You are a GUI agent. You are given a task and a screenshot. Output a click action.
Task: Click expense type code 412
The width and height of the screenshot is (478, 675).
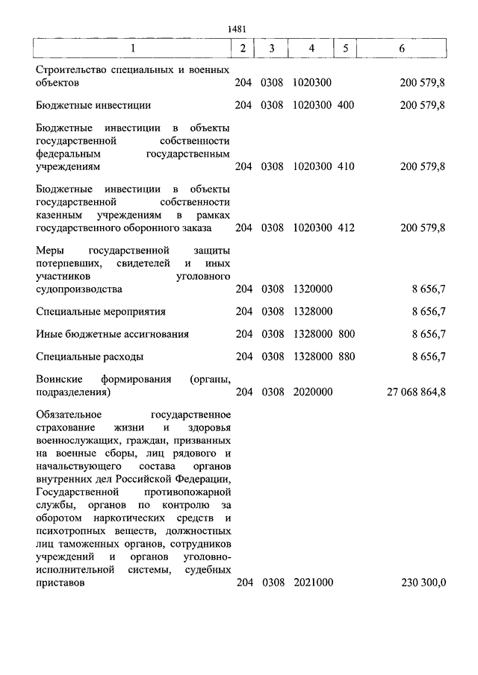pyautogui.click(x=346, y=227)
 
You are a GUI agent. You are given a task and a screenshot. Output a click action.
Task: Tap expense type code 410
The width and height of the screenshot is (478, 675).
pyautogui.click(x=346, y=166)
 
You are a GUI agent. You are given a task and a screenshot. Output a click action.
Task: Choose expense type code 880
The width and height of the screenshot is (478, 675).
pyautogui.click(x=346, y=357)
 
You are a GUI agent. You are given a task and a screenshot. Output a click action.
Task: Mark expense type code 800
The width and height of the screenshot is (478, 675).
pyautogui.click(x=346, y=334)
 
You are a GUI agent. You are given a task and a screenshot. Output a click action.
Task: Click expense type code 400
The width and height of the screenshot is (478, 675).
pyautogui.click(x=346, y=105)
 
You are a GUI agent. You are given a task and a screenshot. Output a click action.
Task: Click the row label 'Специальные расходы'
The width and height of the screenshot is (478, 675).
pyautogui.click(x=90, y=357)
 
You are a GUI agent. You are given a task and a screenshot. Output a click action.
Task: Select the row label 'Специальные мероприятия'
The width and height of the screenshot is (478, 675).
pyautogui.click(x=100, y=311)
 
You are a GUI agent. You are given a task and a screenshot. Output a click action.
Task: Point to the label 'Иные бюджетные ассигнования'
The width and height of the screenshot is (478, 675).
pyautogui.click(x=112, y=334)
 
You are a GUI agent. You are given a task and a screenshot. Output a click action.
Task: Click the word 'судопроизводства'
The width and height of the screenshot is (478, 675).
pyautogui.click(x=78, y=289)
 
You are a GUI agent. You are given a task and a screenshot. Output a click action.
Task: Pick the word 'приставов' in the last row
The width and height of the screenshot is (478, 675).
pyautogui.click(x=59, y=584)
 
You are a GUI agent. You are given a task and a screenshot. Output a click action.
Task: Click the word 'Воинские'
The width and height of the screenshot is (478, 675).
pyautogui.click(x=58, y=379)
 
